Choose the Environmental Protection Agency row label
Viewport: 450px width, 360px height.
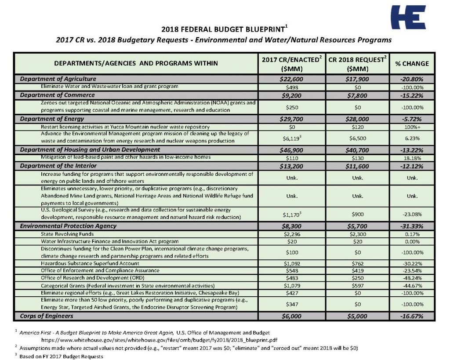tap(68, 226)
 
